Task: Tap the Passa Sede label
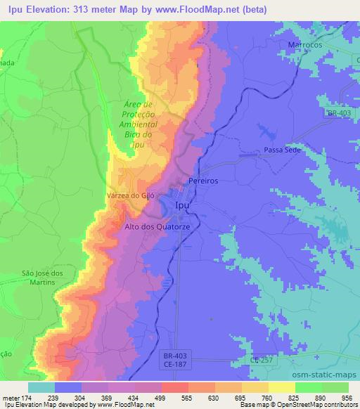pyautogui.click(x=282, y=150)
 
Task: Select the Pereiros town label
pyautogui.click(x=203, y=181)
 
